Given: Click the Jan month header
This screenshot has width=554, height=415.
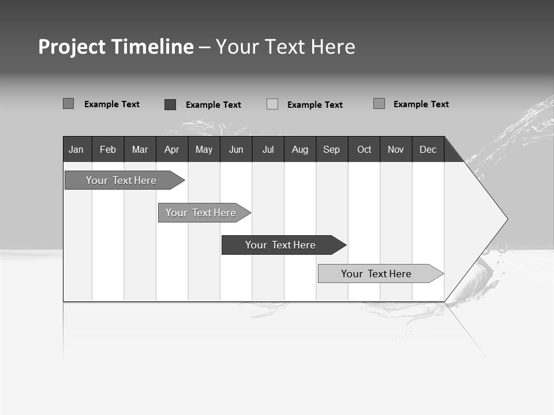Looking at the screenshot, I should click(x=76, y=150).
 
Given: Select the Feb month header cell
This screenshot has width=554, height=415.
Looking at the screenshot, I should click(x=108, y=150).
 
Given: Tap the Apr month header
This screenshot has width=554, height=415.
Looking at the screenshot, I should click(x=171, y=150).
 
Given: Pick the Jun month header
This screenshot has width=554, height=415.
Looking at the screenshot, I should click(x=236, y=150).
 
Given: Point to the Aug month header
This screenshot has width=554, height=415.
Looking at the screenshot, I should click(x=300, y=150).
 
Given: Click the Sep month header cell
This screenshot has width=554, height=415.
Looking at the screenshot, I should click(x=331, y=150).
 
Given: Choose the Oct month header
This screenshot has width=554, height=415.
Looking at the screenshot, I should click(x=364, y=150).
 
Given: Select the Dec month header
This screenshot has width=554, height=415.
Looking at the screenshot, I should click(x=428, y=150).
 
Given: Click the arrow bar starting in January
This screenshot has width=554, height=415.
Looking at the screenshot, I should click(x=121, y=180).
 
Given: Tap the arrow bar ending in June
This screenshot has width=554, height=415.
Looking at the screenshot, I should click(x=201, y=213).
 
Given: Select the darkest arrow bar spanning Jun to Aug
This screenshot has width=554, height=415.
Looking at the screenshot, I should click(x=280, y=245).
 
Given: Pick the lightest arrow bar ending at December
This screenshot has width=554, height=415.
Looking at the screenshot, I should click(x=376, y=274).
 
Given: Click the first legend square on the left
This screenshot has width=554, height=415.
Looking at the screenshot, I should click(x=68, y=104).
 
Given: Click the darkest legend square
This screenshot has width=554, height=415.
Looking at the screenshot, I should click(x=170, y=104).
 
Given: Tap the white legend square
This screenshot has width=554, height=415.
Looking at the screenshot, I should click(x=272, y=104).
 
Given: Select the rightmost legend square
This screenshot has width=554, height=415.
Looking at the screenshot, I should click(x=379, y=104).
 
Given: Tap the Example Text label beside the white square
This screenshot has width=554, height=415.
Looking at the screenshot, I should click(x=315, y=105).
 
